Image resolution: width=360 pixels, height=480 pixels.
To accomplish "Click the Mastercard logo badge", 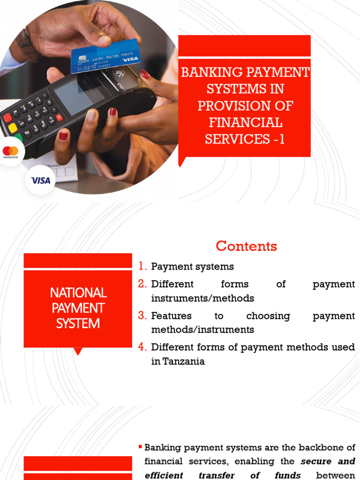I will pyautogui.click(x=10, y=152).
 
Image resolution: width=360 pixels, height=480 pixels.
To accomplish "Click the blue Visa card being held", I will pyautogui.click(x=105, y=56).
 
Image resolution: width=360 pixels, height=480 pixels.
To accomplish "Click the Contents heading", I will pyautogui.click(x=246, y=246).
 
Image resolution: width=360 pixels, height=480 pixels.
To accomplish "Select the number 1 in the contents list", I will pyautogui.click(x=142, y=267).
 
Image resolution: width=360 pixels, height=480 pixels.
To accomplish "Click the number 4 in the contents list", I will pyautogui.click(x=142, y=347).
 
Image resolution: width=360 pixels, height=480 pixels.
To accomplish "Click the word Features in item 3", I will pyautogui.click(x=168, y=316).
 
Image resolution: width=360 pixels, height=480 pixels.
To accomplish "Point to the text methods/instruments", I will pyautogui.click(x=202, y=330).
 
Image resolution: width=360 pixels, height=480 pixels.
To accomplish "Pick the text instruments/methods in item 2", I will pyautogui.click(x=202, y=298).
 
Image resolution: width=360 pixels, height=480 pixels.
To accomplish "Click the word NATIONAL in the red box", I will pyautogui.click(x=78, y=293).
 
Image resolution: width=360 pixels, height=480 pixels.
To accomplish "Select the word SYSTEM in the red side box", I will pyautogui.click(x=78, y=323).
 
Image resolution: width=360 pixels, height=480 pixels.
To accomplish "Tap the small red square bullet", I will pyautogui.click(x=140, y=447).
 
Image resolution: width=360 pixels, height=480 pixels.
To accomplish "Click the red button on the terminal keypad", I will pyautogui.click(x=7, y=118).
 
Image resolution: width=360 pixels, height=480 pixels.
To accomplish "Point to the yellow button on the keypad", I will pyautogui.click(x=13, y=128).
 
